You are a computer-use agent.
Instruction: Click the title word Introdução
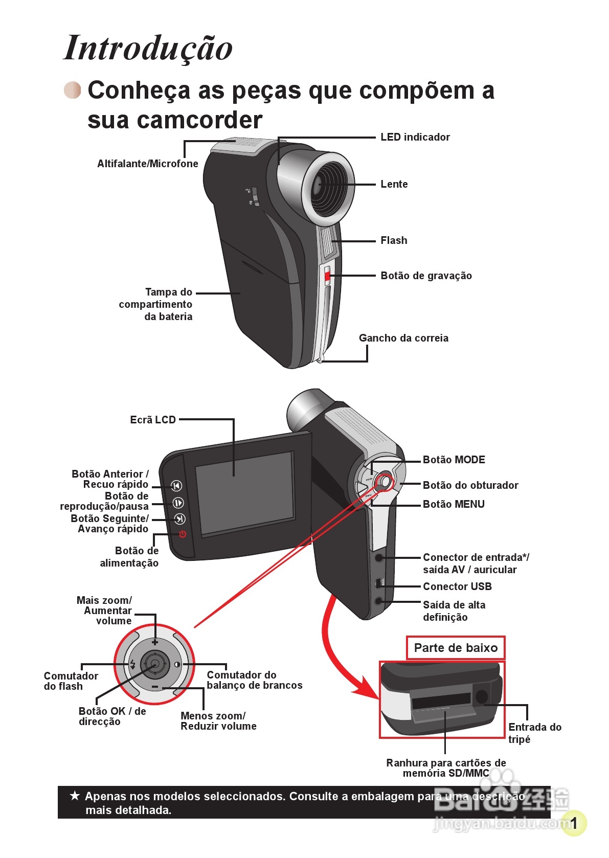pos(148,48)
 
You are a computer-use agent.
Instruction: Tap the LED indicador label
pos(415,137)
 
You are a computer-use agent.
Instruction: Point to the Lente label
pos(394,184)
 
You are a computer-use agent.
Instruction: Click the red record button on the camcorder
pos(327,277)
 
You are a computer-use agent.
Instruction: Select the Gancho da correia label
pos(403,338)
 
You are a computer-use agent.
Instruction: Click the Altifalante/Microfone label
pos(148,164)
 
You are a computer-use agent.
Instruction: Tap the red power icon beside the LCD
pos(183,534)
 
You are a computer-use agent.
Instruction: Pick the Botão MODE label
pos(454,460)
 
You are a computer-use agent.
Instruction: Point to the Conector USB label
pos(457,586)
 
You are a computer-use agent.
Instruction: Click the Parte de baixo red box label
pos(456,648)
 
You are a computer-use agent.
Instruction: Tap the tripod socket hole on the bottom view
pos(481,696)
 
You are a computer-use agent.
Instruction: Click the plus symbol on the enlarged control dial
pos(155,642)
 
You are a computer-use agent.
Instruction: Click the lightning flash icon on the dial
pos(132,664)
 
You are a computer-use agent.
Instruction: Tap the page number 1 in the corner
pos(574,823)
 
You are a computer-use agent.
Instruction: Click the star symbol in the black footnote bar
pos(75,796)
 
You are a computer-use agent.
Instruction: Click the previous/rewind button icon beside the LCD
pos(176,486)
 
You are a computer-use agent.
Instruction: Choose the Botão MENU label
pos(454,504)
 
